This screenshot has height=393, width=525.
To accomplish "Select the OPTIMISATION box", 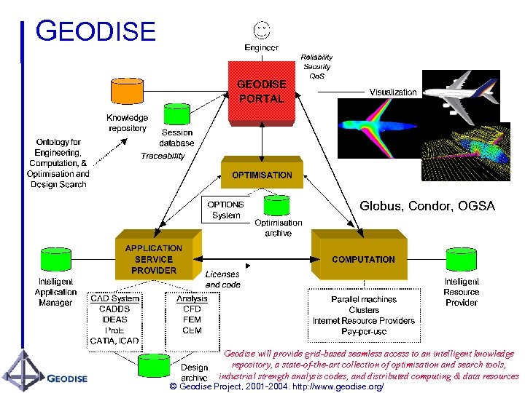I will click(x=262, y=175).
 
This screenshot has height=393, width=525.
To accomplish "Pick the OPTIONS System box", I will click(x=226, y=210).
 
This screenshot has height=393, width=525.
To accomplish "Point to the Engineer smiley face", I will click(x=261, y=30).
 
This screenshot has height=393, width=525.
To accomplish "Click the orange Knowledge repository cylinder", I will click(x=127, y=92).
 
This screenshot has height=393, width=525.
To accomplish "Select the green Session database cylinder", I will click(x=177, y=114).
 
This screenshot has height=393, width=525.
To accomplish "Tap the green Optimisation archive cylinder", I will click(x=278, y=206).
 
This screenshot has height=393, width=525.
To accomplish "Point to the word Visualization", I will click(x=393, y=92).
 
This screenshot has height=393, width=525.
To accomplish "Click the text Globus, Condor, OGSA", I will click(x=427, y=207).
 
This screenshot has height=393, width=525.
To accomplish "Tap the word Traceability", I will click(x=163, y=156).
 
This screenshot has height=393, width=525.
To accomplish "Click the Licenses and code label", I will click(x=222, y=279).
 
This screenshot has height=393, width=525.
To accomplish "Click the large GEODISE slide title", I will click(x=96, y=32).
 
